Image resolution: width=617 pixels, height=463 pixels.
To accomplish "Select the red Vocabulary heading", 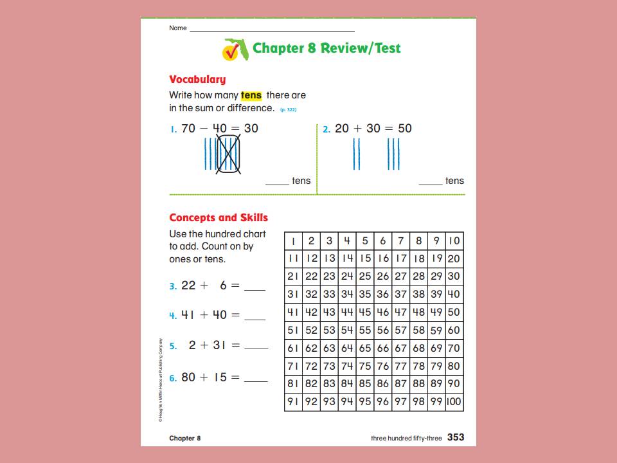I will [197, 80].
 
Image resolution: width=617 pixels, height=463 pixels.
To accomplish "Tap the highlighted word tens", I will [251, 95].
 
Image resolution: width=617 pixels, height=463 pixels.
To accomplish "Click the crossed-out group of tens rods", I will [229, 155].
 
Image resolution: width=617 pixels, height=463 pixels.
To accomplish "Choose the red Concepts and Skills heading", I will [219, 218].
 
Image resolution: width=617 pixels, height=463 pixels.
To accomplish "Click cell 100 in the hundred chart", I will [453, 403].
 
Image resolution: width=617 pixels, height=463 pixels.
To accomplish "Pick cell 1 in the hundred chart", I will [293, 241].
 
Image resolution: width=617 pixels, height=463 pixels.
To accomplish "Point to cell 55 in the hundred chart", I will [365, 313].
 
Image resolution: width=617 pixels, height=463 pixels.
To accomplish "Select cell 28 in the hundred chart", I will [418, 277].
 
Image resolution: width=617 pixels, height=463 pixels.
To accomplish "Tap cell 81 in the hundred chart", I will [293, 385].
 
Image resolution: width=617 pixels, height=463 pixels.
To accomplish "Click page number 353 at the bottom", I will [456, 438].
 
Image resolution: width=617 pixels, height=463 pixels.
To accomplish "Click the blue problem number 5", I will [173, 347].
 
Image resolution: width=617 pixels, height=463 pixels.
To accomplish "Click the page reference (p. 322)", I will [288, 109].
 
